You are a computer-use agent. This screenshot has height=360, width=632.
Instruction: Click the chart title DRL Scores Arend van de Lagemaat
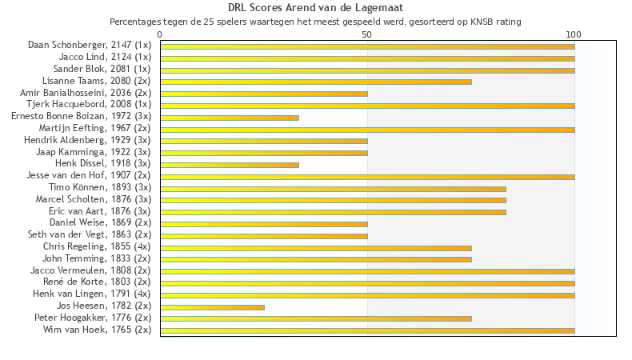point(315,8)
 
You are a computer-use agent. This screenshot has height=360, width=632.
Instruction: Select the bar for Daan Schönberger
point(367,46)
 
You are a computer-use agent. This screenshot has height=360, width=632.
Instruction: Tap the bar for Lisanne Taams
point(316,82)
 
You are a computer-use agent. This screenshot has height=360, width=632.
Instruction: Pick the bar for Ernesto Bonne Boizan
point(230,118)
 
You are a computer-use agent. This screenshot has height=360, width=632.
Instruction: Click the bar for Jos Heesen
point(212,306)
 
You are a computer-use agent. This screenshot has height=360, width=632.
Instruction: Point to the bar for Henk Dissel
point(230,165)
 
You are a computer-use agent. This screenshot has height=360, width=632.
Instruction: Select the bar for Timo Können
point(333,189)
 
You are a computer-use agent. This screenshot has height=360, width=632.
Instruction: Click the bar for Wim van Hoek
point(367,330)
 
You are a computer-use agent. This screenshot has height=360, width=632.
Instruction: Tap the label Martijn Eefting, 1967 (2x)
point(94,128)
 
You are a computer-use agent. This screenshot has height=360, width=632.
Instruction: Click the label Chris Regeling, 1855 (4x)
point(97,246)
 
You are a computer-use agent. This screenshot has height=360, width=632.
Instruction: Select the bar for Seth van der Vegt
point(264,236)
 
